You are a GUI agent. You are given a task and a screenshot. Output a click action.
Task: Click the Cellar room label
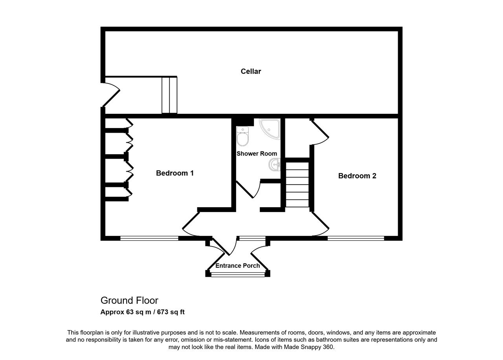point(251,71)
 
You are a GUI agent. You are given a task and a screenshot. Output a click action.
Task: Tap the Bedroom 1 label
point(175,173)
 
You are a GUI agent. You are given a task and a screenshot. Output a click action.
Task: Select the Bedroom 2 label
point(357,176)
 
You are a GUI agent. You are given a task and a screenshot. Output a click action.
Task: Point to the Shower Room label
point(257,154)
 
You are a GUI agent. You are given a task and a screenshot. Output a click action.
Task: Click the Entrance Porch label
point(237,266)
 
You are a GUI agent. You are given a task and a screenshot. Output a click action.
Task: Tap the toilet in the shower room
point(242,136)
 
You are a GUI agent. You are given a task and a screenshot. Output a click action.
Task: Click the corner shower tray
point(270,129)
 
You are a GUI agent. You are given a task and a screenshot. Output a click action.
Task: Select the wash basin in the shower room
point(275,164)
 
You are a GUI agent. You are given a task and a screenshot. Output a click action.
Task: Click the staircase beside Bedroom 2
point(297,185)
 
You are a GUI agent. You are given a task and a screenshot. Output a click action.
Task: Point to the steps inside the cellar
point(169,95)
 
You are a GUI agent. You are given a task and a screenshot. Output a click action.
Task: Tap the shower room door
point(248,190)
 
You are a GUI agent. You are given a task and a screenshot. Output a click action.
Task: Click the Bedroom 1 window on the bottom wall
point(149,238)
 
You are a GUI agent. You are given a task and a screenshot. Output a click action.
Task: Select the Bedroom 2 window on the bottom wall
point(356,238)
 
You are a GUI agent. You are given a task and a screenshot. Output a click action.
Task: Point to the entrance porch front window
point(238,274)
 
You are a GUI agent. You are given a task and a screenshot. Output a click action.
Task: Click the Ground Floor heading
point(129,301)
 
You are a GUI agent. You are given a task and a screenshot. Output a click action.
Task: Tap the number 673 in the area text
point(163,312)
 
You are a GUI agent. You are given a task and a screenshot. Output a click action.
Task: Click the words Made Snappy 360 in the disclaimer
point(308,347)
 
